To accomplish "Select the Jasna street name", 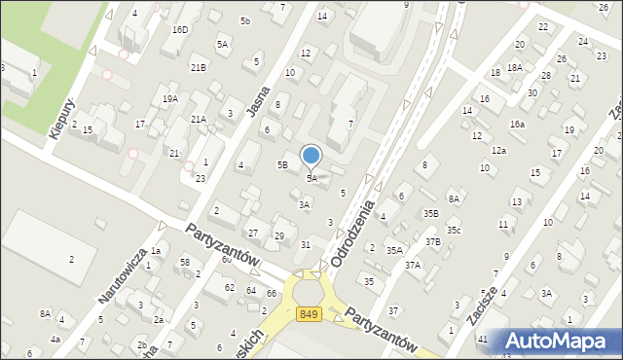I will [258, 98].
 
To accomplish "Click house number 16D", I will [180, 30].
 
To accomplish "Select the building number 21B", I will [198, 67].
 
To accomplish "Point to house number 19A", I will [170, 99].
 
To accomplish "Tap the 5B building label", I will [282, 165].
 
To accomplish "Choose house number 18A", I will [514, 68].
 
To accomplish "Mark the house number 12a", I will [498, 151].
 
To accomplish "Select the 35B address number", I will [430, 213].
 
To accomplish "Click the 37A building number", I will [413, 265].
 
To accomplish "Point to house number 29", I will [279, 236].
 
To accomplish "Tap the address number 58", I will [184, 263].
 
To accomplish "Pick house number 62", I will [230, 288].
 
